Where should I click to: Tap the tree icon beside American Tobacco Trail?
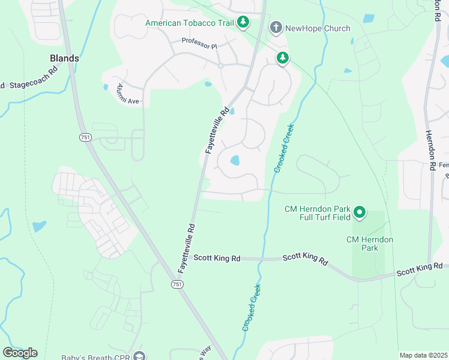coord(243,23)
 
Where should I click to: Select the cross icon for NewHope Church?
coord(276,28)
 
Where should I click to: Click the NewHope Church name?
coord(318,28)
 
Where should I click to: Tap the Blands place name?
coord(64,58)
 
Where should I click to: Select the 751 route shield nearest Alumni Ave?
coord(85,137)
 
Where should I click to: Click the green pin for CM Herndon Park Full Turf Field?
coord(360,212)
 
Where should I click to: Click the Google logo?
coord(20,353)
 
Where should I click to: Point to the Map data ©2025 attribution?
coord(423,355)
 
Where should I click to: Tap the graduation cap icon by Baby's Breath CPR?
coord(140,356)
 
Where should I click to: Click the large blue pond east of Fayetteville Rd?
coord(235,160)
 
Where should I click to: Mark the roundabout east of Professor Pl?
coord(220,65)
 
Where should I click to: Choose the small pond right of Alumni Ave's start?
coord(208,84)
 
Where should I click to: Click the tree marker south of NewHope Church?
coord(282,58)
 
